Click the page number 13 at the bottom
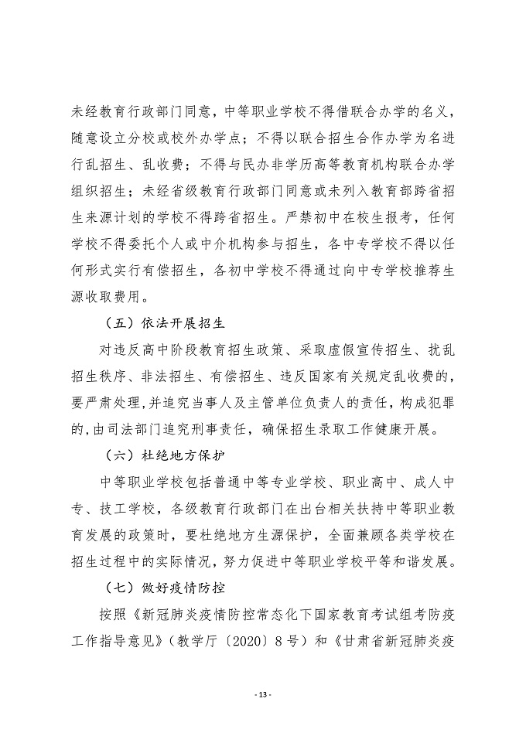(263, 694)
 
